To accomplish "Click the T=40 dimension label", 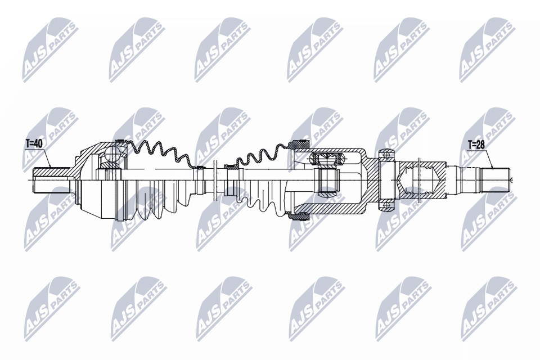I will pyautogui.click(x=34, y=144).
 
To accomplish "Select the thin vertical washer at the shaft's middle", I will pyautogui.click(x=216, y=180).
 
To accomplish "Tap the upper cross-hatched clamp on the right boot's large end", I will pyautogui.click(x=299, y=144).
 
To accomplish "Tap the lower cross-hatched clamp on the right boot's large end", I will pyautogui.click(x=297, y=215).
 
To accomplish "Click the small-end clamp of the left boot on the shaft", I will pyautogui.click(x=199, y=167).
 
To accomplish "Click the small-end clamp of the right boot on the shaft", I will pyautogui.click(x=231, y=166).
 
